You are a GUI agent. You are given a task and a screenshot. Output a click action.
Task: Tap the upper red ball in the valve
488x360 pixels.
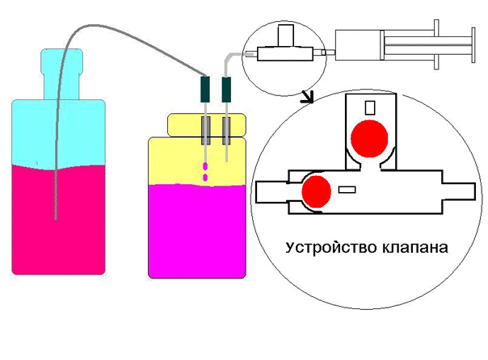click(369, 139)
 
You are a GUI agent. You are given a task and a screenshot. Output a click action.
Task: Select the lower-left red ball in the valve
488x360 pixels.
click(316, 191)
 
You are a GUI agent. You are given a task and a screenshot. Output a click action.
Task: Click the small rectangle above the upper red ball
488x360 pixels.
click(370, 107)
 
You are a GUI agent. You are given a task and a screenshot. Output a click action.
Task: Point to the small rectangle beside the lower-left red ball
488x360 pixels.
click(347, 190)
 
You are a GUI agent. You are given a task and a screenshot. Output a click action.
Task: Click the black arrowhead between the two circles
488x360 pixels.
click(308, 97)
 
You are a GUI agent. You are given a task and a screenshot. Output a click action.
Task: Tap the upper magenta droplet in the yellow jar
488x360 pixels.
click(205, 166)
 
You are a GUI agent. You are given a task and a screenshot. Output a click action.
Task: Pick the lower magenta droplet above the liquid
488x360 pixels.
click(205, 178)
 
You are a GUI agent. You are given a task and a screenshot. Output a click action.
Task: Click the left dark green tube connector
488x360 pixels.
click(205, 90)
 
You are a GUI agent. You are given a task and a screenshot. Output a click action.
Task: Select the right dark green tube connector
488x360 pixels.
click(226, 90)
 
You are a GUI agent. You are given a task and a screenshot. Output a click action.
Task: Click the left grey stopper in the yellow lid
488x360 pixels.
click(205, 131)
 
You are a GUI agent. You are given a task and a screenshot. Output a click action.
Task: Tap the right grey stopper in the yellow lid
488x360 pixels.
click(226, 131)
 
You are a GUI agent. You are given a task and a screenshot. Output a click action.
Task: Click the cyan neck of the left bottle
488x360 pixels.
click(62, 74)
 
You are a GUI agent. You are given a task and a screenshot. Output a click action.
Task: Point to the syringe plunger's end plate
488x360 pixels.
click(473, 45)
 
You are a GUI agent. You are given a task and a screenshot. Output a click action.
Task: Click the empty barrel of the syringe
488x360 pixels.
click(358, 45)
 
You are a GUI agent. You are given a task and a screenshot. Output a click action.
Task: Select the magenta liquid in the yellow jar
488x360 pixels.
click(197, 232)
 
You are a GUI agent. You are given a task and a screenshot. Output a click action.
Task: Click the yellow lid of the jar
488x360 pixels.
click(207, 125)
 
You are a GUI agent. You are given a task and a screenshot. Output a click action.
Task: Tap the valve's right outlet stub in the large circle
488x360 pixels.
click(458, 191)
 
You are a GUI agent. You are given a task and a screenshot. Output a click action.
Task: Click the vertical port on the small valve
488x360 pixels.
click(286, 36)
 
